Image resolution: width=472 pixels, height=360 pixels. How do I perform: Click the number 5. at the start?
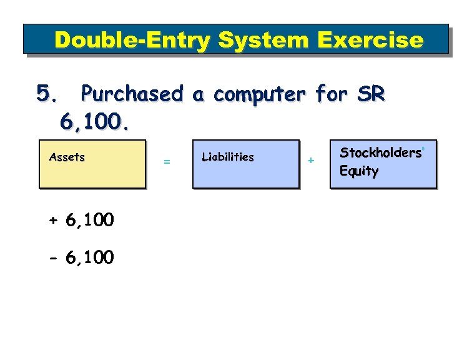(49, 94)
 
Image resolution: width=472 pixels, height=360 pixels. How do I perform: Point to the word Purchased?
(132, 94)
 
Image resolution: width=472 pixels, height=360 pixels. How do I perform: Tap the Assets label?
(67, 157)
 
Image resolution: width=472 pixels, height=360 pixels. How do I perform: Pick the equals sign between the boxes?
(167, 162)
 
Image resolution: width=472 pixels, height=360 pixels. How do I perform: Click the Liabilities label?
(228, 157)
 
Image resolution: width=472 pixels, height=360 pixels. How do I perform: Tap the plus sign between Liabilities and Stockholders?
(310, 161)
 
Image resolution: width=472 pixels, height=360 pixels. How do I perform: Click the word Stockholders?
(380, 153)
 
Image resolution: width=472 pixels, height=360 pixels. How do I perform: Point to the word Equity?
(359, 171)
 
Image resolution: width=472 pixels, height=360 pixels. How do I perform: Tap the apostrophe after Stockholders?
(424, 149)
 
